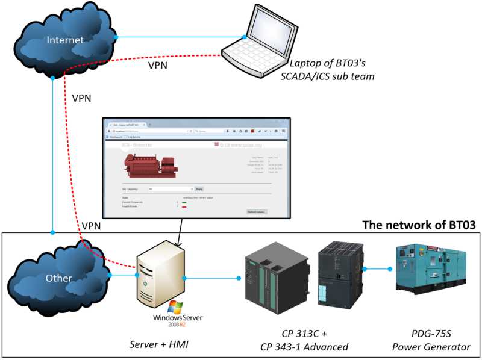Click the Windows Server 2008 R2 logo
click(x=178, y=316)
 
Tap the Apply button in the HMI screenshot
click(x=199, y=188)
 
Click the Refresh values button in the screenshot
click(x=257, y=211)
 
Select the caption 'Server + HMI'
click(x=160, y=344)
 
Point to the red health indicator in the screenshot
click(x=184, y=206)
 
